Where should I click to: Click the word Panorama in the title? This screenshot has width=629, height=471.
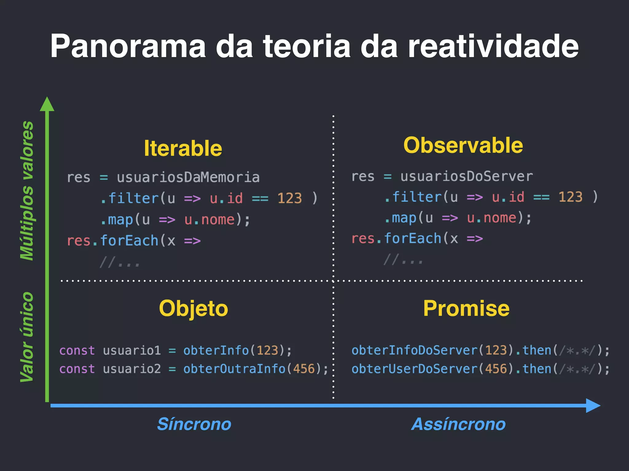point(128,47)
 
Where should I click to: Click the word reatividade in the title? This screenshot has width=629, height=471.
point(493,47)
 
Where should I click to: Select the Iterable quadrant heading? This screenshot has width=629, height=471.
point(183,148)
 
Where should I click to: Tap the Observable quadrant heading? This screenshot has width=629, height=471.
point(463,145)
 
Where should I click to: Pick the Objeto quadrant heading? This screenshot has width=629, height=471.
point(193,308)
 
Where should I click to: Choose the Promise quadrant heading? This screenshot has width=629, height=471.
point(466,308)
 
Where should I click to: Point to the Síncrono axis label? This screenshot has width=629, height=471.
point(194,424)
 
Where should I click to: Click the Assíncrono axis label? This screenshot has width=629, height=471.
point(458,424)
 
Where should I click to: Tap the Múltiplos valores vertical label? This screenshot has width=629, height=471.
point(27,191)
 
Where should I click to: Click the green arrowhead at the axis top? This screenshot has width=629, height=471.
point(47,104)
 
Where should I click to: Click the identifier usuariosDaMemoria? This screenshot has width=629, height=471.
point(188,178)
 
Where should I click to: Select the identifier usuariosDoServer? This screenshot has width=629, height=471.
point(466,176)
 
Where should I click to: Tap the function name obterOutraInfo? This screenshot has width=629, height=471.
point(234,369)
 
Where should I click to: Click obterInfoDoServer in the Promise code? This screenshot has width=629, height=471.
point(414,350)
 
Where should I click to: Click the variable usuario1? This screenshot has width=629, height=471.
point(132,350)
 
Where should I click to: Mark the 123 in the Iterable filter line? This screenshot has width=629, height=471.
point(290,198)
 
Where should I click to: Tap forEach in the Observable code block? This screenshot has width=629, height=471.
point(412,239)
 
